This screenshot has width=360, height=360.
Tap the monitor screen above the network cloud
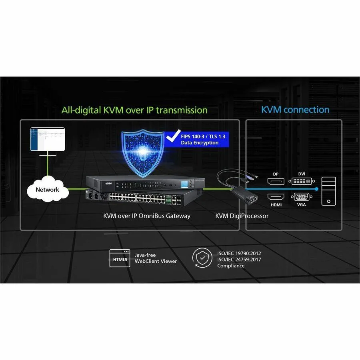coord(48,139)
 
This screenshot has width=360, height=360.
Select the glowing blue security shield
coord(143,153)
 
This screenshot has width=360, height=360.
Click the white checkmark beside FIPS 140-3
coord(173,136)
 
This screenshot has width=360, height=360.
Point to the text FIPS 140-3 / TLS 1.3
coord(203,136)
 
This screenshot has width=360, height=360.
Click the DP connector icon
coord(276,181)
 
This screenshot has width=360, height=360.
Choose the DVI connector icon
coord(302,181)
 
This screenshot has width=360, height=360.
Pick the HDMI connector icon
coord(276,196)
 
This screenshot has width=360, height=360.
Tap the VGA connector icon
coord(302,197)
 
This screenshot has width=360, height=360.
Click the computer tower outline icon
coord(328,191)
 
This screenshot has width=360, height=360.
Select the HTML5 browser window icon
coord(120,258)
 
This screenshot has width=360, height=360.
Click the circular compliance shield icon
coord(202,258)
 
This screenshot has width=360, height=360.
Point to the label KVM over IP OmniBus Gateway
coord(147,216)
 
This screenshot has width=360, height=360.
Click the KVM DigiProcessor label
coord(242,216)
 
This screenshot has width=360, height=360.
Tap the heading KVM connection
coord(295,110)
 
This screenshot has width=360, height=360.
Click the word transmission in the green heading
coord(182,110)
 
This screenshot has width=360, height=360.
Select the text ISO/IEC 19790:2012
coord(239,253)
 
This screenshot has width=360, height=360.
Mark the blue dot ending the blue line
coord(317,189)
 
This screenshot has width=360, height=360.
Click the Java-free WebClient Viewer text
coord(156,258)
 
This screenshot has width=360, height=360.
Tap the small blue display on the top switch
coord(184,184)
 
